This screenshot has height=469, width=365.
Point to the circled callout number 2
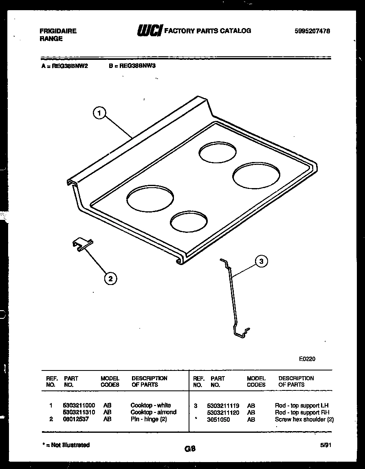(110, 278)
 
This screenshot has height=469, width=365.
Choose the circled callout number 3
(262, 261)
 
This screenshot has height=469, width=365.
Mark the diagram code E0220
(307, 359)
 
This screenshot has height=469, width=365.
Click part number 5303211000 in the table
(79, 405)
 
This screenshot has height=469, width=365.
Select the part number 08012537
(76, 419)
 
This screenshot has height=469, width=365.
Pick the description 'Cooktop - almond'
(153, 412)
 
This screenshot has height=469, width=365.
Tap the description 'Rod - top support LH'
(301, 405)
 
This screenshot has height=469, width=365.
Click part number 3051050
(218, 419)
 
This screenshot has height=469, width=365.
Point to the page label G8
(190, 449)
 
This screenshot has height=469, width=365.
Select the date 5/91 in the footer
(325, 446)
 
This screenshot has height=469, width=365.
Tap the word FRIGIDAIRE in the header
(58, 31)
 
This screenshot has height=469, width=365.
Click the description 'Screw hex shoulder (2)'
(304, 419)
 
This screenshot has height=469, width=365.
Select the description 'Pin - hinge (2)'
(149, 419)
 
